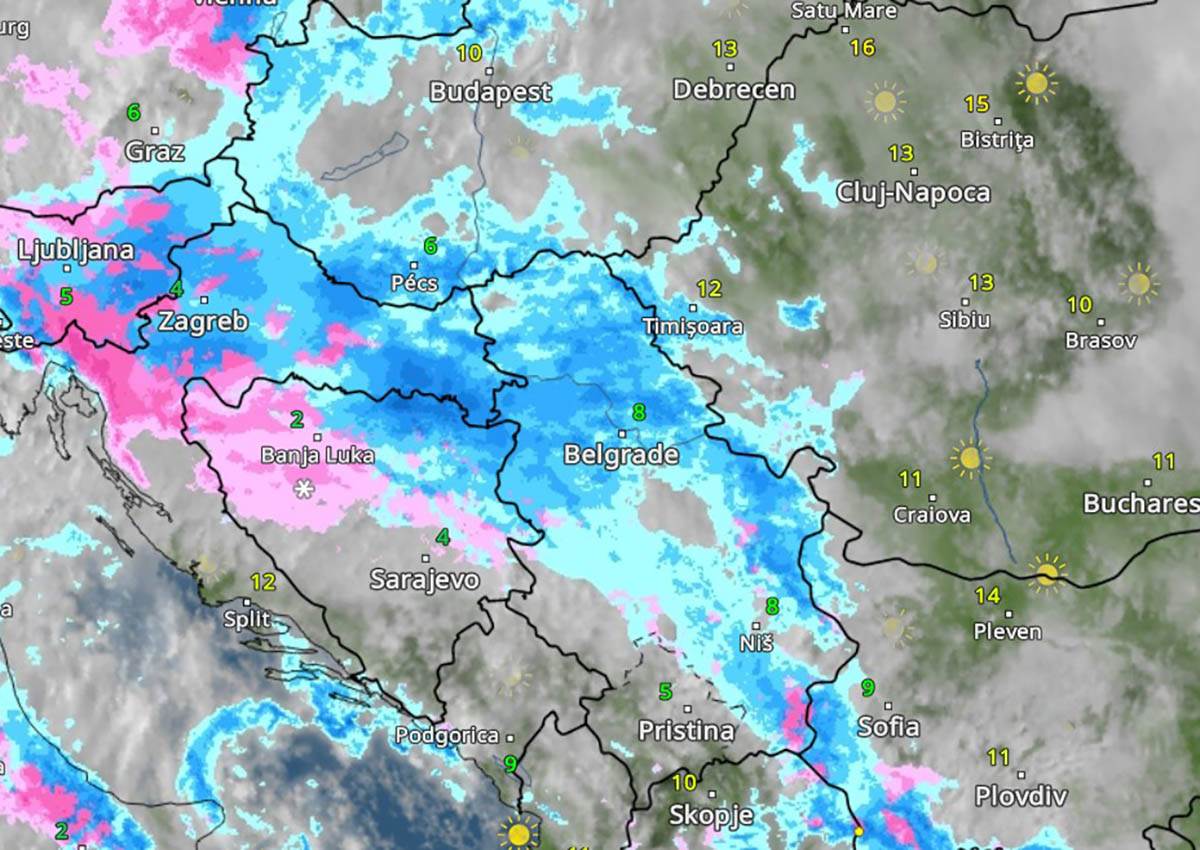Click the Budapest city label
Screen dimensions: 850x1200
pyautogui.click(x=490, y=92)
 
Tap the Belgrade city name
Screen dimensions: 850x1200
pyautogui.click(x=621, y=455)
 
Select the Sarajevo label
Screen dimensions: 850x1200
pyautogui.click(x=425, y=579)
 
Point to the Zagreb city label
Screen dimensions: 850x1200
pyautogui.click(x=202, y=322)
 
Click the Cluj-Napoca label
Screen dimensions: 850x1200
pyautogui.click(x=913, y=192)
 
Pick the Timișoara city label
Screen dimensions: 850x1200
pyautogui.click(x=693, y=326)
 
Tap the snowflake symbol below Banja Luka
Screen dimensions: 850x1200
pyautogui.click(x=303, y=488)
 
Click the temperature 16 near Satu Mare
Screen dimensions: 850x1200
pyautogui.click(x=862, y=47)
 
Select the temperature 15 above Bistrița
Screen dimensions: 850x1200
pyautogui.click(x=977, y=104)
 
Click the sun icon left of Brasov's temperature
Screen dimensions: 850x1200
pyautogui.click(x=1138, y=283)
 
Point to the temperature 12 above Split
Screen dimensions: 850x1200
pyautogui.click(x=262, y=581)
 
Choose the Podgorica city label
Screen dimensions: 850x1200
pyautogui.click(x=446, y=735)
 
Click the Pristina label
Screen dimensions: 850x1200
pyautogui.click(x=686, y=730)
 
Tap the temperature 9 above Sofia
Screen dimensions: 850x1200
pyautogui.click(x=867, y=688)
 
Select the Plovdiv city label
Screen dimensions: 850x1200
pyautogui.click(x=1021, y=797)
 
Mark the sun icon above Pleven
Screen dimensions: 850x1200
pyautogui.click(x=1046, y=573)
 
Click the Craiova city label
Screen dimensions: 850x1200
pyautogui.click(x=932, y=515)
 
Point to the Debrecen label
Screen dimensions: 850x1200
pyautogui.click(x=733, y=89)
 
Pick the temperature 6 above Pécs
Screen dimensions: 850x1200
pyautogui.click(x=430, y=245)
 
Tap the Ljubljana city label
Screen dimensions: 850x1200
pyautogui.click(x=75, y=250)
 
